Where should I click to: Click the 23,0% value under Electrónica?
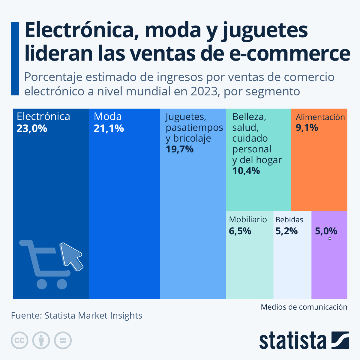click(x=32, y=128)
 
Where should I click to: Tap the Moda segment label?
click(x=108, y=116)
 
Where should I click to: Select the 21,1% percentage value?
click(x=109, y=128)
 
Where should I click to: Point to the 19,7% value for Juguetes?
click(x=179, y=149)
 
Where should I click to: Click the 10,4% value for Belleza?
click(x=246, y=171)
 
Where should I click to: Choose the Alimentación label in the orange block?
click(x=320, y=117)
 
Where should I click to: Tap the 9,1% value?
click(x=307, y=128)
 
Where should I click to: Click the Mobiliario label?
click(x=248, y=220)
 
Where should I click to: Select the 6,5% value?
click(x=240, y=231)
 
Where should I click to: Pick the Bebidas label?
click(x=289, y=220)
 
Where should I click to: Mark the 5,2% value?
click(x=286, y=231)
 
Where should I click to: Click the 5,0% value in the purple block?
click(x=326, y=231)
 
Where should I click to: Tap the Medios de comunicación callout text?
click(x=304, y=307)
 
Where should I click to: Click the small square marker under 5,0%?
click(x=330, y=239)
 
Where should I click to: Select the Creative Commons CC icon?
click(x=19, y=340)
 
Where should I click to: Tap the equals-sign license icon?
click(x=63, y=340)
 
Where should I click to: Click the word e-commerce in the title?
click(x=289, y=53)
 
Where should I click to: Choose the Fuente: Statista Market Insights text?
click(x=76, y=316)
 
